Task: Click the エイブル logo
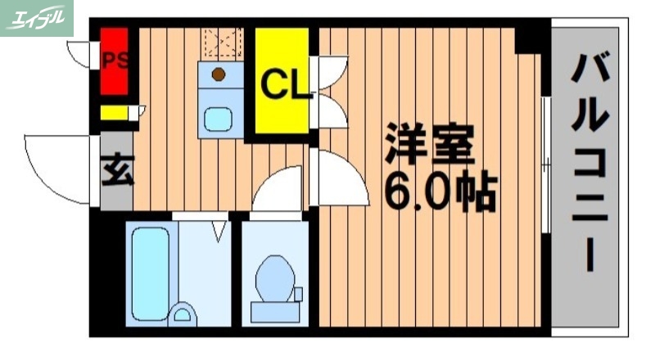pos(38,18)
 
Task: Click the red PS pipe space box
pos(114,61)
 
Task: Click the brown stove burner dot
pos(219,74)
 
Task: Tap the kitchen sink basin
pos(219,119)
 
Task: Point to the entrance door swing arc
pos(57,168)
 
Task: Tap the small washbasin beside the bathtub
pos(184,313)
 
